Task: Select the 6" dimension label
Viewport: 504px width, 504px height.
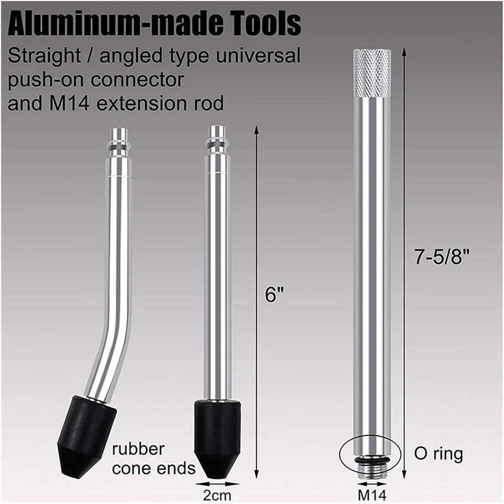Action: tap(275, 294)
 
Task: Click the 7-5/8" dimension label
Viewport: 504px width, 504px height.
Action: tap(442, 257)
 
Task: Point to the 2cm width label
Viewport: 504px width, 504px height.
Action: tap(217, 495)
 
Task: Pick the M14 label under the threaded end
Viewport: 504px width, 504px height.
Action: tap(372, 495)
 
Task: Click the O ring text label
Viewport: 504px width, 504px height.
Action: tap(439, 455)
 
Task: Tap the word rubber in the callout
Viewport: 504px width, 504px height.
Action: tap(138, 449)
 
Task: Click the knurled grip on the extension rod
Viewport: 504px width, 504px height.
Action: tap(372, 73)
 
